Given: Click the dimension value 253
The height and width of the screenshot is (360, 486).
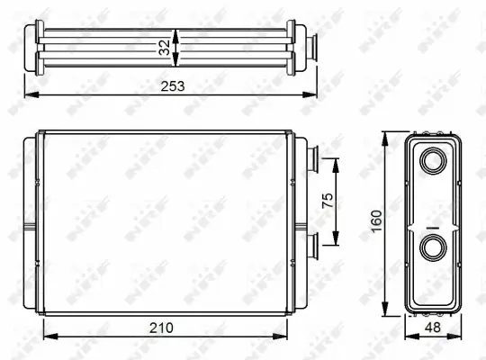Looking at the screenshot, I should [172, 86].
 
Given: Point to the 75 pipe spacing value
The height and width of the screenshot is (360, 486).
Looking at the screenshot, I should [328, 199].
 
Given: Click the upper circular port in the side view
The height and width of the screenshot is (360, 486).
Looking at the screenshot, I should [433, 163].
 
